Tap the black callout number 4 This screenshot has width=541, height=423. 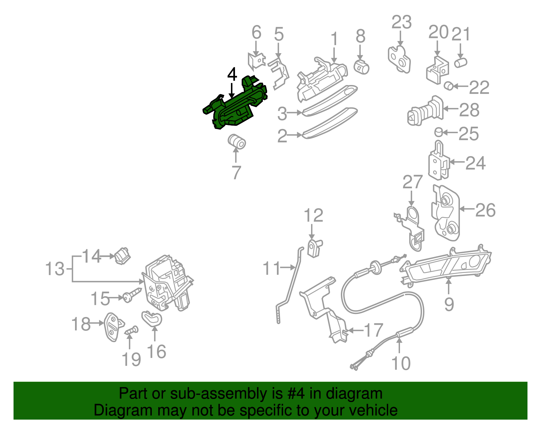pos(232,74)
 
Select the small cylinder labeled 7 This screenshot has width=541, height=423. pos(236,142)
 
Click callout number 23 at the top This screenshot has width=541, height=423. pos(401,22)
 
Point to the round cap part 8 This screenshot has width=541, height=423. pos(361,66)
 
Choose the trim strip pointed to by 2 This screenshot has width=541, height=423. pos(330,124)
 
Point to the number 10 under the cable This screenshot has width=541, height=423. pos(401,363)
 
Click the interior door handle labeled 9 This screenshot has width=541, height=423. pos(446,266)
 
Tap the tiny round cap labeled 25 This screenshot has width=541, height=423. pos(438,132)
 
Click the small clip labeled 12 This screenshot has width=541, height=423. pos(314,248)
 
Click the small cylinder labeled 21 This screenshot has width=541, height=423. pos(461,62)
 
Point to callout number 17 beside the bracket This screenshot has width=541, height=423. pos(373,330)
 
